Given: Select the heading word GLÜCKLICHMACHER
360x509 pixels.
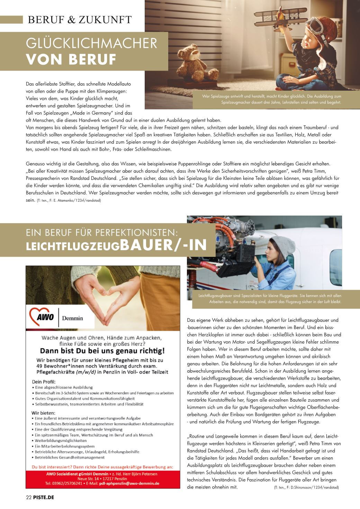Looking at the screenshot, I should (92, 44).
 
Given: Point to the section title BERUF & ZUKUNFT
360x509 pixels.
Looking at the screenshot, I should (80, 20).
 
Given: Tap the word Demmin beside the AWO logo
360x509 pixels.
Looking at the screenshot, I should (72, 318).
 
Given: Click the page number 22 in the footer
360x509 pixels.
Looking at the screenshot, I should (29, 497).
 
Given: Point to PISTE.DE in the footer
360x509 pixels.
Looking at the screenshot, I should (44, 497).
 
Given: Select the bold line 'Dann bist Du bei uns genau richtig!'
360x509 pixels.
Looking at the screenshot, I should (102, 351).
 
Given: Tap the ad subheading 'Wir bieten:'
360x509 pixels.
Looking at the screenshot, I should (43, 412).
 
